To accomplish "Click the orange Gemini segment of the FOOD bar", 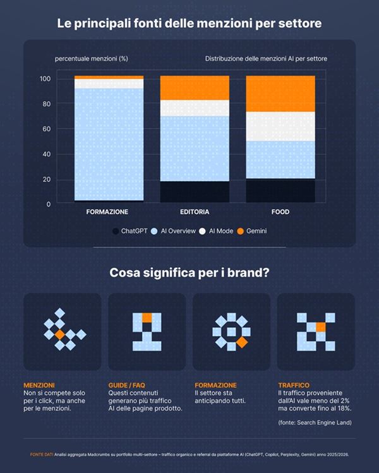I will (280, 93).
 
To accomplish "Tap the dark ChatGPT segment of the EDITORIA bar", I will (194, 191).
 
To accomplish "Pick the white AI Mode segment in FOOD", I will (280, 126).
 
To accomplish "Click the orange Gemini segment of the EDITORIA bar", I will (194, 88).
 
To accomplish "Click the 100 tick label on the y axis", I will (45, 79).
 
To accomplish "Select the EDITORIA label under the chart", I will (194, 212).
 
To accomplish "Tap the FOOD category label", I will (280, 212).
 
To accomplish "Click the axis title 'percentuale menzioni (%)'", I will (92, 59).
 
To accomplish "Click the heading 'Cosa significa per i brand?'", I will (189, 273).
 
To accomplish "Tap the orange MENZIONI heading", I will (39, 385).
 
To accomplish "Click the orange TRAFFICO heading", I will (294, 385).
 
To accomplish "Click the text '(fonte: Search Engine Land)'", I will (315, 422).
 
